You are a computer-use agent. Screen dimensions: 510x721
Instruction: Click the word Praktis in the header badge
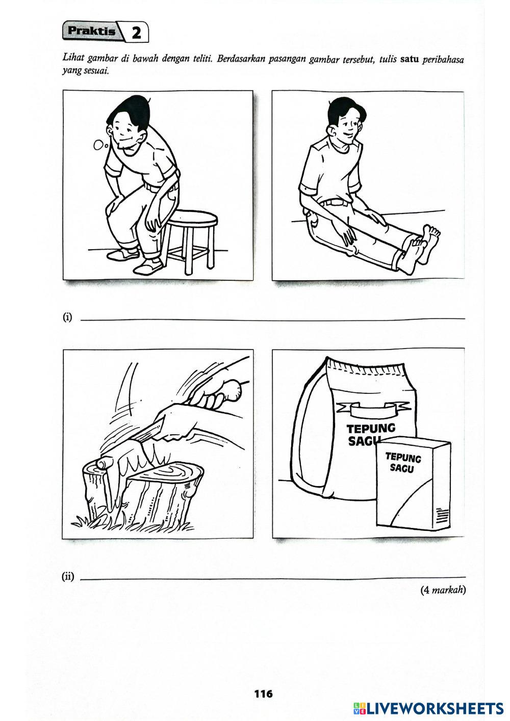91,31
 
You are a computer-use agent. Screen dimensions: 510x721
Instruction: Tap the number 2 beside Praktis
136,33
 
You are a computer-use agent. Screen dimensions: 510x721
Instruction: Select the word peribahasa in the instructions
443,61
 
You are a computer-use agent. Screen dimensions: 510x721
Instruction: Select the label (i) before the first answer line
67,317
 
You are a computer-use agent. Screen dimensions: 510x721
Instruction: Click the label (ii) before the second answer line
68,577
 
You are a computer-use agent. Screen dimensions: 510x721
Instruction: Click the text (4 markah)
443,590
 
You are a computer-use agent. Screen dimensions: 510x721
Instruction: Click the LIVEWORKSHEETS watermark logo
428,708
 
